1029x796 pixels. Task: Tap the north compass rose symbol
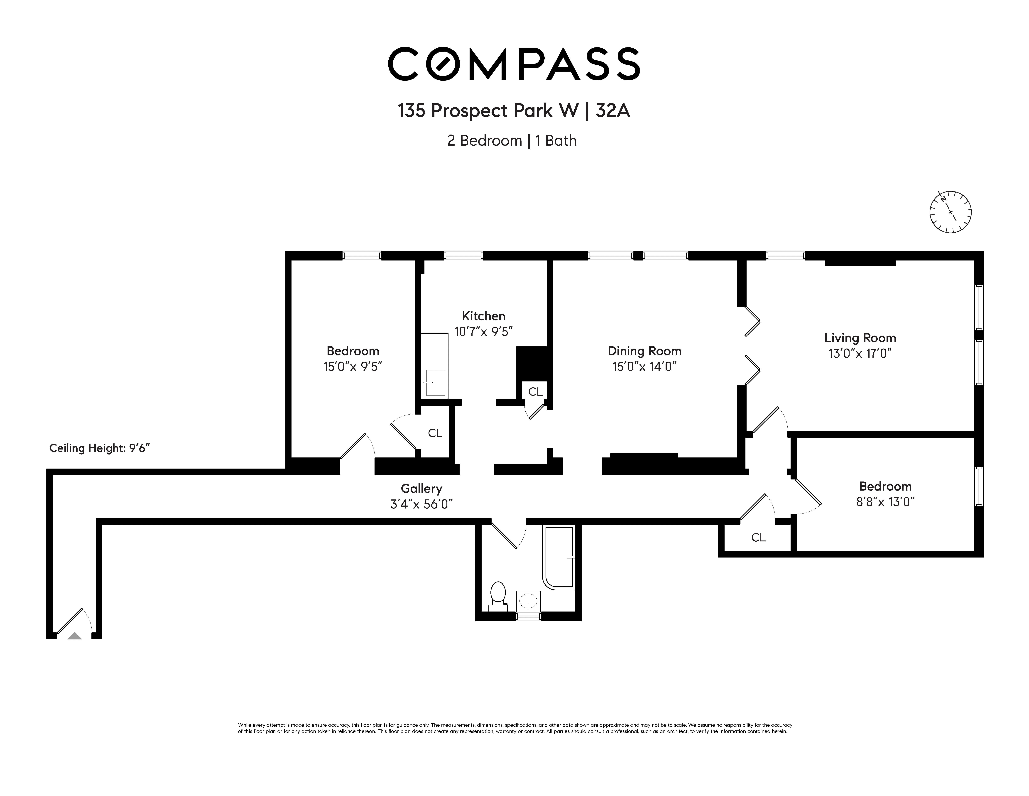tap(950, 212)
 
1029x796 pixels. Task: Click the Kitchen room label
tap(483, 316)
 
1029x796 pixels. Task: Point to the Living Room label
tap(860, 338)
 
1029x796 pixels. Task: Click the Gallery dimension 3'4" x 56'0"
tap(421, 504)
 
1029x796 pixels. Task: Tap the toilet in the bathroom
tap(497, 596)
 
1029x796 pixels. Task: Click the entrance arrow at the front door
tap(75, 636)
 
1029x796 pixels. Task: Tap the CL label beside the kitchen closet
tap(535, 392)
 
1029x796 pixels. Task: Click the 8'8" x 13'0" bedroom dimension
tap(885, 502)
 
